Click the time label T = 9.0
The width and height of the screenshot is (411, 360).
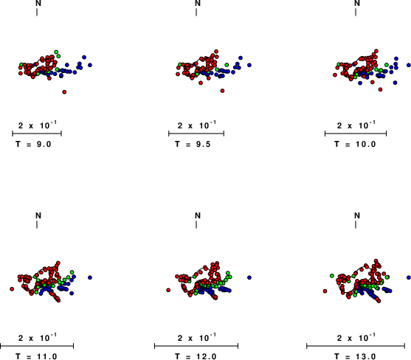pos(33,144)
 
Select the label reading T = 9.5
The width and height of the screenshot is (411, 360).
pos(193,144)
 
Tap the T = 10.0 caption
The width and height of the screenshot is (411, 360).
pos(355,144)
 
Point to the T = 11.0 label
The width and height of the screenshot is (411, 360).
pos(36,356)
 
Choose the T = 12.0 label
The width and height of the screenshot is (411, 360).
pos(196,356)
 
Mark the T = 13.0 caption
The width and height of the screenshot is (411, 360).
pos(355,356)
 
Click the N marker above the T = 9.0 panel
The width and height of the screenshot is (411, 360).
pos(38,3)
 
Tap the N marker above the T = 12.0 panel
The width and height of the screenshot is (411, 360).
pos(198,215)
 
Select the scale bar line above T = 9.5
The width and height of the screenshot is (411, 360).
pos(196,134)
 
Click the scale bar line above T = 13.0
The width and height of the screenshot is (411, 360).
pos(356,346)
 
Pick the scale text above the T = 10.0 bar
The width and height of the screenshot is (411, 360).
pos(356,125)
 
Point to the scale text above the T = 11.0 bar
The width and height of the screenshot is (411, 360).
pos(38,338)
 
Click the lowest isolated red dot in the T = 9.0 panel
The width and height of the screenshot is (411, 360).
pos(64,92)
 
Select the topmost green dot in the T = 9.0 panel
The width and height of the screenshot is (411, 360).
pos(56,52)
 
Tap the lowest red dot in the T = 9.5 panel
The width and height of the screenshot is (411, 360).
pos(222,91)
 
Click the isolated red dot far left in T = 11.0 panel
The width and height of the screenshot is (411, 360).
pos(12,289)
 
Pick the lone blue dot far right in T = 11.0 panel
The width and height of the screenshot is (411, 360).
pos(90,277)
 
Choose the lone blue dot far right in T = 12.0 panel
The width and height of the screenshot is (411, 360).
pos(249,277)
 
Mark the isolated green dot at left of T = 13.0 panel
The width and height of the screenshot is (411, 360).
pos(332,276)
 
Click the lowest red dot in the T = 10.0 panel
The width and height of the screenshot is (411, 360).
pos(380,89)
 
